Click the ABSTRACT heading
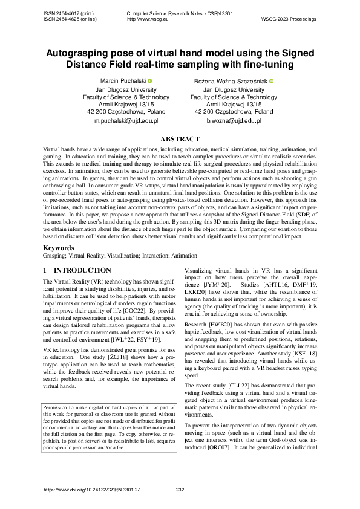click(x=180, y=139)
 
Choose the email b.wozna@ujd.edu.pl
click(x=234, y=121)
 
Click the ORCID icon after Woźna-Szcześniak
click(x=272, y=81)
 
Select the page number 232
click(x=179, y=490)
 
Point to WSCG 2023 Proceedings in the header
click(x=288, y=19)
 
